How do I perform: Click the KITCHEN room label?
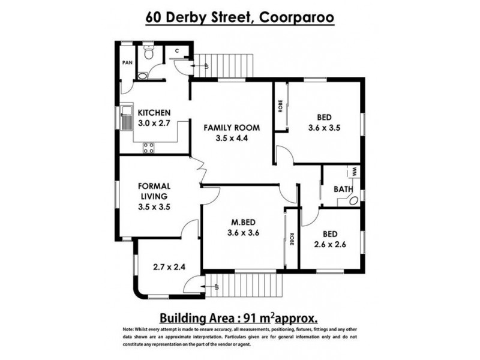[x=155, y=113]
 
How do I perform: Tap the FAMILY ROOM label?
[x=231, y=128]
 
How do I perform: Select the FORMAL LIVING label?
[x=155, y=190]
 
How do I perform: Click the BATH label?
[x=343, y=190]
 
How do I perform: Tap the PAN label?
[x=127, y=62]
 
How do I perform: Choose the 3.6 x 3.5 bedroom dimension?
[x=324, y=127]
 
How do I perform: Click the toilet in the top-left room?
[x=148, y=53]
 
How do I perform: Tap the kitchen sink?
[x=127, y=118]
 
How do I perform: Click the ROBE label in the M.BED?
[x=291, y=238]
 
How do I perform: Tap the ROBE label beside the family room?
[x=280, y=106]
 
